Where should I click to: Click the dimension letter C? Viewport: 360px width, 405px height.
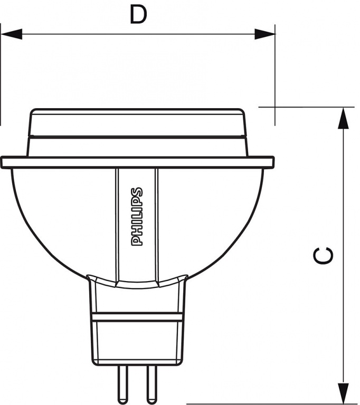click(x=323, y=255)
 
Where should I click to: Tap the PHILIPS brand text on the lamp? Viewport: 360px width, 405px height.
click(x=137, y=216)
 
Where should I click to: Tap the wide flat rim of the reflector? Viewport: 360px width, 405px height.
click(x=137, y=162)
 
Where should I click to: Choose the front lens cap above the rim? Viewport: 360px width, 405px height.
click(x=137, y=124)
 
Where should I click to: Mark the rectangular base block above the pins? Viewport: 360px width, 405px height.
click(x=137, y=343)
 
